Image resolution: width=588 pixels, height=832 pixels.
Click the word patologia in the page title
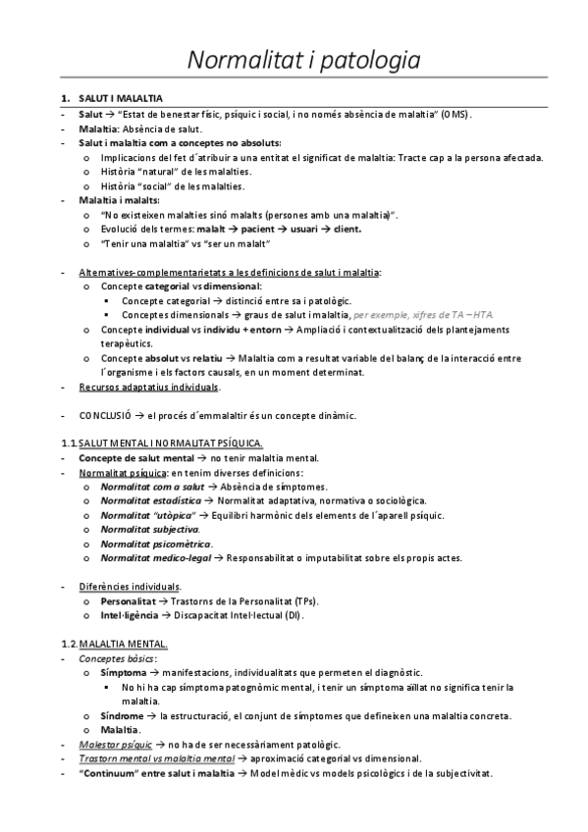[x=364, y=60]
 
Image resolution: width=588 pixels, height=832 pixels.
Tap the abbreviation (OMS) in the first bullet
[x=454, y=115]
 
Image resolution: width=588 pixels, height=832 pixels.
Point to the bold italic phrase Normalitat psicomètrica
[x=156, y=544]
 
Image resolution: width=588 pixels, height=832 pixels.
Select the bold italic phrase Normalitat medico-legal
[x=157, y=558]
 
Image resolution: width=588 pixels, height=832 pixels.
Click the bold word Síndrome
[x=124, y=715]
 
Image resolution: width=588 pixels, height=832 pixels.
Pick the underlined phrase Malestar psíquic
[x=115, y=745]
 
